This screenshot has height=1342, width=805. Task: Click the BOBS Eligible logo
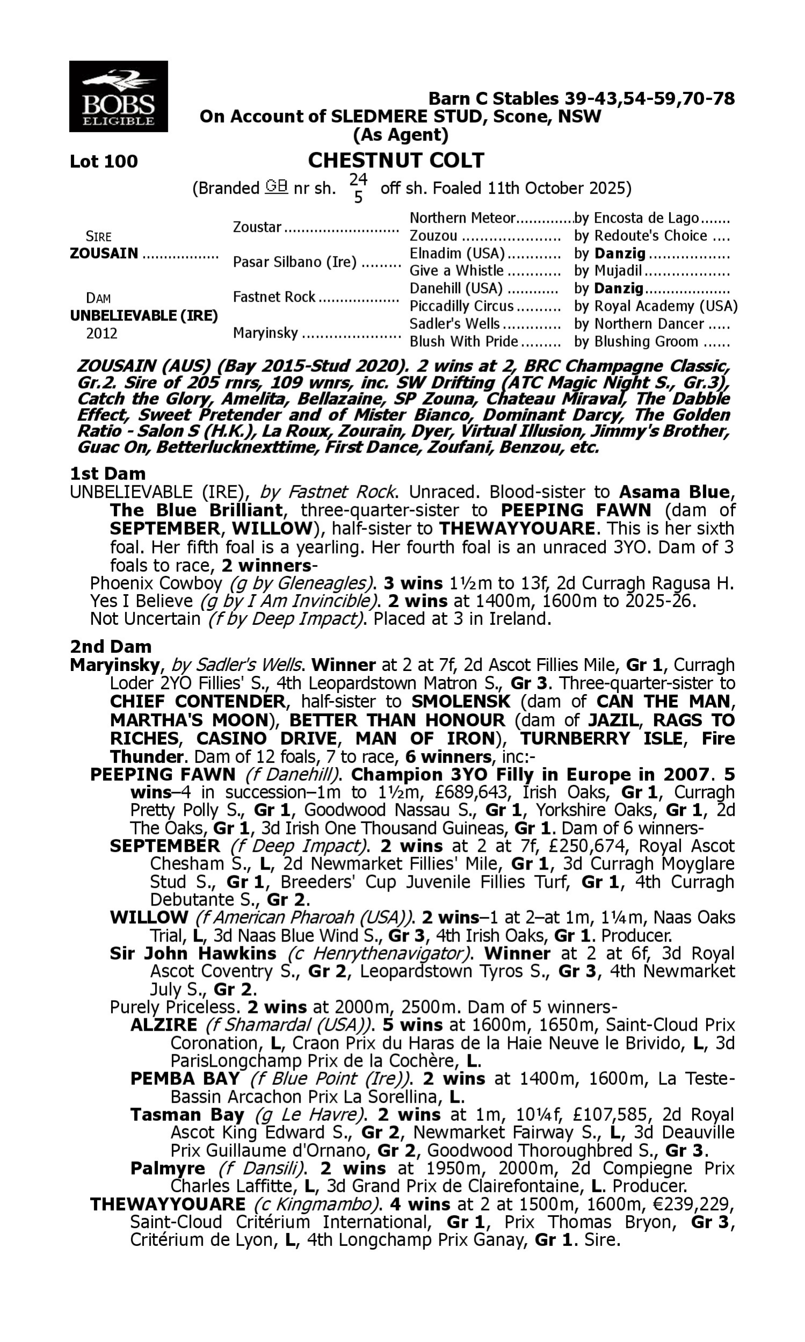point(118,97)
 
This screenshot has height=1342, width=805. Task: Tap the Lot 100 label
point(104,162)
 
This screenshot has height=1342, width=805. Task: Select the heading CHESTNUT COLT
point(396,161)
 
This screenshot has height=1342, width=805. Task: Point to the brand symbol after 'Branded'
point(276,187)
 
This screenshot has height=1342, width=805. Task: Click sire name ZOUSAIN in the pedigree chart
point(104,253)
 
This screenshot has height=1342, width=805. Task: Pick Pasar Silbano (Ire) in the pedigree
point(295,262)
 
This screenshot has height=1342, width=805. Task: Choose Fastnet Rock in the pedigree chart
point(274,297)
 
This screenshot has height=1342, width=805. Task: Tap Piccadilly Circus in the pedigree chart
point(461,306)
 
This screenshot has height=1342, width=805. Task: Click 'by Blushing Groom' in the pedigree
point(636,342)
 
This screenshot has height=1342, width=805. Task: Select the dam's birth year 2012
point(102,333)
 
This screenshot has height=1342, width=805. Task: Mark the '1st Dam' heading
point(107,473)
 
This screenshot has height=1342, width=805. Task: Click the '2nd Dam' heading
point(110,647)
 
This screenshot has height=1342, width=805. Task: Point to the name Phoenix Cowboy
point(156,584)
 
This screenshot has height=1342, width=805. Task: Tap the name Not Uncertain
point(145,618)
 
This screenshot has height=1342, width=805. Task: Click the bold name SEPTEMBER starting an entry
point(165,845)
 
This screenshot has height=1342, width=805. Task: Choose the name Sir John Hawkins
point(193,953)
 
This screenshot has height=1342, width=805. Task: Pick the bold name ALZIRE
point(164,1025)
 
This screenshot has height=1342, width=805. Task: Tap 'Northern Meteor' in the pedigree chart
point(462,218)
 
